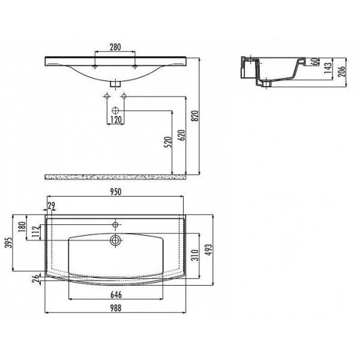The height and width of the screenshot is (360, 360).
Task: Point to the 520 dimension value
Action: [169, 142]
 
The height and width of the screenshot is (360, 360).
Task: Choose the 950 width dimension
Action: [115, 191]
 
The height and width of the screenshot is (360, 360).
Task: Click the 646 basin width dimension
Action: [115, 294]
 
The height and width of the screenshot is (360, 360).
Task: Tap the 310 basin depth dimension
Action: [194, 256]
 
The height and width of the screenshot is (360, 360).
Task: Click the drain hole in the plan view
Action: [115, 240]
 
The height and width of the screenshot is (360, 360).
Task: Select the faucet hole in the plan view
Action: [115, 224]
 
